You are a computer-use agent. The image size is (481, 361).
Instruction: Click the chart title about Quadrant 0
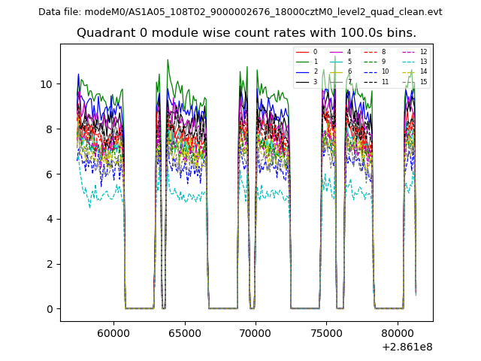coord(247,33)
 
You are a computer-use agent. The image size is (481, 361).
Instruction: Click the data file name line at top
coord(240,12)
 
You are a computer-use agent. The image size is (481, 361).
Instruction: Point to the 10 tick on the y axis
coord(49,84)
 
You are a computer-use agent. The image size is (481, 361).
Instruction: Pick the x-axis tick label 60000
coord(113,331)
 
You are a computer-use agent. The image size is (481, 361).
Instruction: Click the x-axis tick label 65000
coord(184,331)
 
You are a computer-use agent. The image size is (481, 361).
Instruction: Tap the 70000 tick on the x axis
coord(256,331)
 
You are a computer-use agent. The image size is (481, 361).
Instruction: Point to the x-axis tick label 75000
coord(326,331)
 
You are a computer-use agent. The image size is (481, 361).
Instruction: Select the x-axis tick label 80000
coord(398,331)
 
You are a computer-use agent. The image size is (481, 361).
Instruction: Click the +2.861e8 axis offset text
coord(407,347)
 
